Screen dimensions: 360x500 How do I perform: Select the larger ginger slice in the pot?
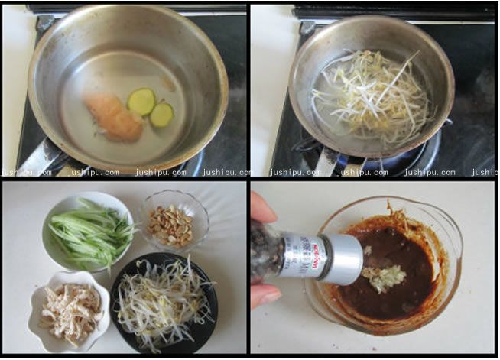click(141, 101)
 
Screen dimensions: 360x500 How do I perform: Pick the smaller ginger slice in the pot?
click(161, 115)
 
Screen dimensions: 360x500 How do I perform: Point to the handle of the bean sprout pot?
click(325, 161)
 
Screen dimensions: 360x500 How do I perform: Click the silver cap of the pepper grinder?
click(345, 259)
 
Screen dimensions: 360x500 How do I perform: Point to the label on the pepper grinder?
click(305, 255)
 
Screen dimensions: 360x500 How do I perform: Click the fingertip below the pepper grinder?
click(263, 295)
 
